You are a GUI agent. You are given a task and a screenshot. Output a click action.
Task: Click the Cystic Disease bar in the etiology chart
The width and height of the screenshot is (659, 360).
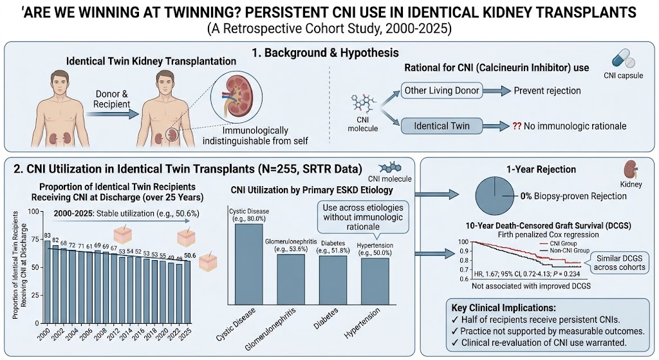[249, 264]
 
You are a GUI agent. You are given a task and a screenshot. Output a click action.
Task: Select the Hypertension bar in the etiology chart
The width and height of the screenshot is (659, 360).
[375, 281]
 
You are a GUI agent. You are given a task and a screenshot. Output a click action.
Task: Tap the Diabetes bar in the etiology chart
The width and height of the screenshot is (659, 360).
[333, 280]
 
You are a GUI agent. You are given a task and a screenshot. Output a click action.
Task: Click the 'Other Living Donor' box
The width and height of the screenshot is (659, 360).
[441, 90]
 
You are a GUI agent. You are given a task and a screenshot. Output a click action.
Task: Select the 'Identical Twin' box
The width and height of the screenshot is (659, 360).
[441, 126]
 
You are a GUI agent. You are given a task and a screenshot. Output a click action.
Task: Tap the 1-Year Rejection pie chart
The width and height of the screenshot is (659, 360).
[495, 196]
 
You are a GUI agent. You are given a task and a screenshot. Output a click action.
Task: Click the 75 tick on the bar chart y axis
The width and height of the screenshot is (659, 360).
[35, 240]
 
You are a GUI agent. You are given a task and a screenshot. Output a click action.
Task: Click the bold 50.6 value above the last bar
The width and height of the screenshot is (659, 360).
[190, 256]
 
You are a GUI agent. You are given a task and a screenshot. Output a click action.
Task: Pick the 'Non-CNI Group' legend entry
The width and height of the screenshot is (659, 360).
[564, 251]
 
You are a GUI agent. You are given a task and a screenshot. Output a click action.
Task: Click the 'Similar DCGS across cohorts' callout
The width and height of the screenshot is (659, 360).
[618, 263]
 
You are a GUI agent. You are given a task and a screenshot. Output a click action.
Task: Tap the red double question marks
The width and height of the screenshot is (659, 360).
[517, 126]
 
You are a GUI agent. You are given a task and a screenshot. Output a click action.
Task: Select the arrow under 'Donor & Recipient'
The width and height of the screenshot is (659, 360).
[111, 113]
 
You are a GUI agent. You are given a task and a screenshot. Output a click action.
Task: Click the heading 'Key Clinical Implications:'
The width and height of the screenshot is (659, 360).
[503, 308]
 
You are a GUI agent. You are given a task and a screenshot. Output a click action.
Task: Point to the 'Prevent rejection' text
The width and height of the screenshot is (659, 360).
[547, 90]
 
